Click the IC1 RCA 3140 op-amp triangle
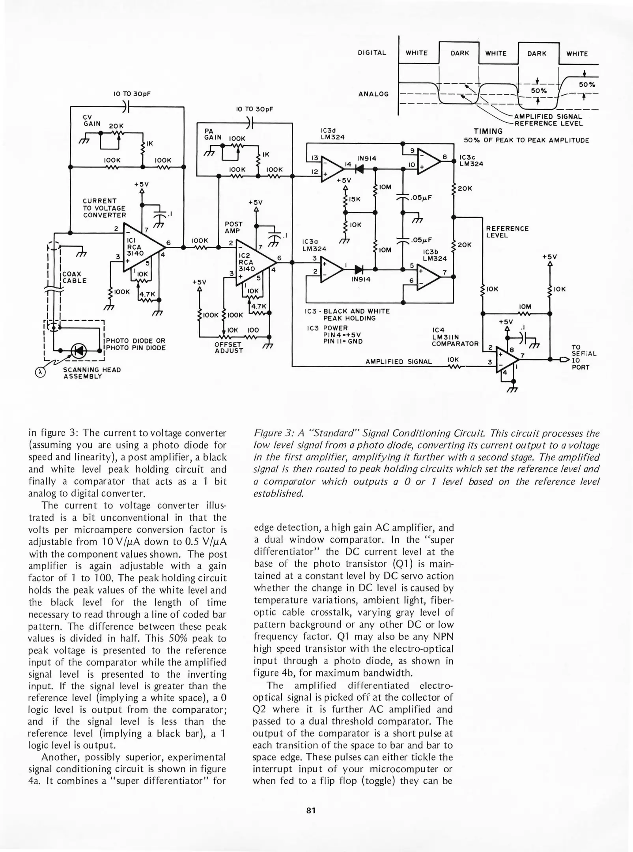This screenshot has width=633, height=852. pyautogui.click(x=140, y=248)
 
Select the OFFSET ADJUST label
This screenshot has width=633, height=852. pyautogui.click(x=229, y=348)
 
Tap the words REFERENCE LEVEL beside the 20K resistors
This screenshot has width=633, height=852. pyautogui.click(x=507, y=232)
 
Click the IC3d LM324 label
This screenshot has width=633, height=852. pyautogui.click(x=332, y=134)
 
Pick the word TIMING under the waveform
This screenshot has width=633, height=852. pyautogui.click(x=488, y=131)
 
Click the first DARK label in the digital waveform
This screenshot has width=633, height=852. pyautogui.click(x=459, y=53)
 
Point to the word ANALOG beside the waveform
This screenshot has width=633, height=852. pyautogui.click(x=373, y=94)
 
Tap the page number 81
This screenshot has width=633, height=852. pyautogui.click(x=311, y=811)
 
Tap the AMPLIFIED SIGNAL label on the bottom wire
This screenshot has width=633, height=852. pyautogui.click(x=398, y=362)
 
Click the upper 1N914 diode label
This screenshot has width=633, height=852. pyautogui.click(x=366, y=158)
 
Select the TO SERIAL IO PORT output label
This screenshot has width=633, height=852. pyautogui.click(x=583, y=357)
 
